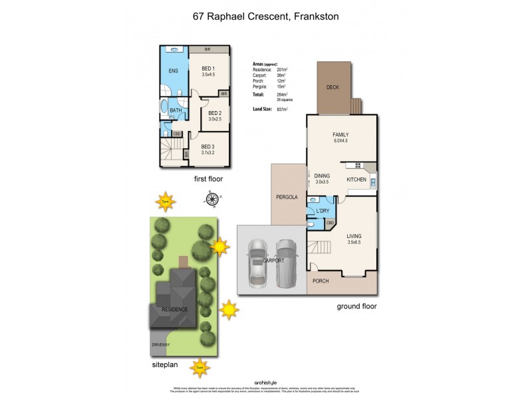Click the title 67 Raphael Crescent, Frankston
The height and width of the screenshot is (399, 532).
(x=266, y=17)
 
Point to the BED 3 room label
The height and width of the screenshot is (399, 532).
(x=208, y=146)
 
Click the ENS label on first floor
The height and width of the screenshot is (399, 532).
(x=173, y=70)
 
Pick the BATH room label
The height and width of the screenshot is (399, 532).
(x=176, y=110)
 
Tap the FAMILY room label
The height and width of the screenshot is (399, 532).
(x=340, y=135)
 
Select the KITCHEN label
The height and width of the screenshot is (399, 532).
(x=356, y=180)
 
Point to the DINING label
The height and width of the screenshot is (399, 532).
(x=323, y=176)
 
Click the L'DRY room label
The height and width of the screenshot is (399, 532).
(x=323, y=211)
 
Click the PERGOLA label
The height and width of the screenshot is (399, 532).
(x=285, y=198)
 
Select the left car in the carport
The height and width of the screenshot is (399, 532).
(x=256, y=263)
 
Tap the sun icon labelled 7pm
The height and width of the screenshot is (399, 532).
(x=165, y=200)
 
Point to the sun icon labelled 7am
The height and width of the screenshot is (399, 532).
(x=199, y=366)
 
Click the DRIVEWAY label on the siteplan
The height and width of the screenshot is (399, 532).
(x=160, y=345)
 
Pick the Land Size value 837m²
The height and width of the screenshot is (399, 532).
(x=282, y=109)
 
